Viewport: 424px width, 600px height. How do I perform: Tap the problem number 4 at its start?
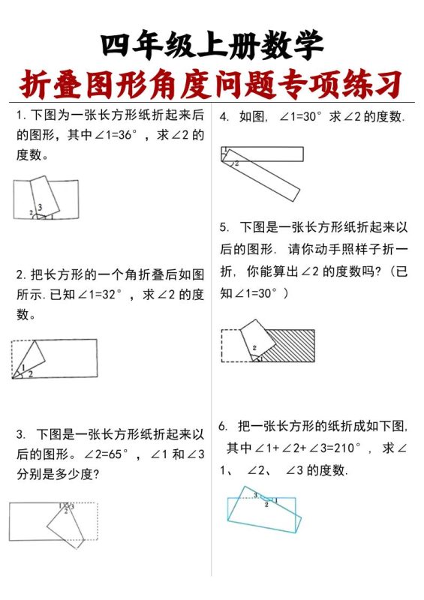click(x=224, y=117)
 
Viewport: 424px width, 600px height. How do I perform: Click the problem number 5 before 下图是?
click(x=224, y=227)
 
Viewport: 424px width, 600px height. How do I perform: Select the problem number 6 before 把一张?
click(x=223, y=427)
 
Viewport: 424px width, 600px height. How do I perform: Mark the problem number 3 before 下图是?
click(x=20, y=434)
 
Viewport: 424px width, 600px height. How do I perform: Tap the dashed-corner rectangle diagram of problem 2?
click(x=54, y=358)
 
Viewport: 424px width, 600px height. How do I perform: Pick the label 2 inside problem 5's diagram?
click(x=254, y=349)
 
